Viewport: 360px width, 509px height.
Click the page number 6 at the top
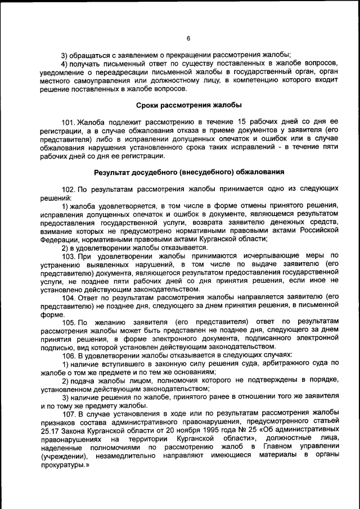click(x=188, y=38)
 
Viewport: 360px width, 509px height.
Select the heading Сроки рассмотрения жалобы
click(x=189, y=105)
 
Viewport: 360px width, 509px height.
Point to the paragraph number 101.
click(x=69, y=121)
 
